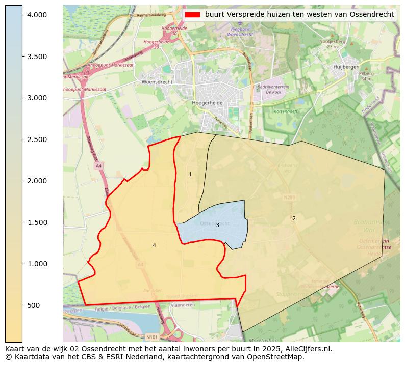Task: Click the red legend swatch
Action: click(x=192, y=14)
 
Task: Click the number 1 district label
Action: click(x=191, y=175)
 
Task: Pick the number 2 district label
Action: click(x=294, y=218)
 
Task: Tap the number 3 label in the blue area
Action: click(x=217, y=225)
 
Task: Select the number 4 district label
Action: click(x=154, y=246)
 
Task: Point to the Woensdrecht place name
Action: click(x=157, y=82)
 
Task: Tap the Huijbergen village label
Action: click(x=346, y=67)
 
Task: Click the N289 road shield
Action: click(x=289, y=196)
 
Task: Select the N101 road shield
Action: click(x=152, y=337)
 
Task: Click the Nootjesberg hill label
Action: click(x=332, y=41)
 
